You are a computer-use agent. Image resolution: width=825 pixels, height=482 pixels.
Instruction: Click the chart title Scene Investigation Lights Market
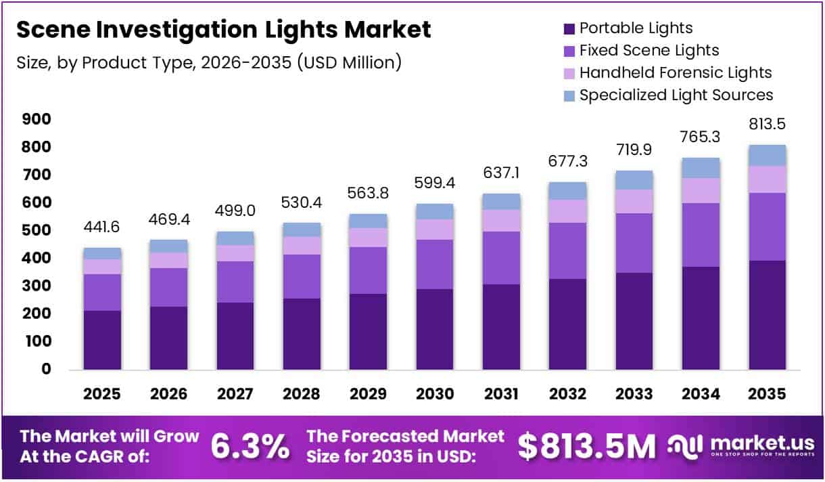(x=223, y=30)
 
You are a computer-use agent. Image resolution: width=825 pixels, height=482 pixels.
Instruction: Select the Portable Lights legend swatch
(x=569, y=28)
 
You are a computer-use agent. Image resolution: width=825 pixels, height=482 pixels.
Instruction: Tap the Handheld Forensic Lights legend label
(x=675, y=72)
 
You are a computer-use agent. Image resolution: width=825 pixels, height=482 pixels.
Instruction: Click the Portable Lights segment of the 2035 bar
(x=767, y=315)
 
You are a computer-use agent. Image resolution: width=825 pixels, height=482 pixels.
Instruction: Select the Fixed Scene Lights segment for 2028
(x=302, y=276)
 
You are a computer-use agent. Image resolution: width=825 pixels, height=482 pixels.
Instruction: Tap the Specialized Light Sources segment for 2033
(x=634, y=180)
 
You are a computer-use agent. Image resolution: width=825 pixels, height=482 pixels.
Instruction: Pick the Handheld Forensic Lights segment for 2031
(x=501, y=220)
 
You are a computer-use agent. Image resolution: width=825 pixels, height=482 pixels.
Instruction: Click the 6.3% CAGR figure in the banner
(x=250, y=447)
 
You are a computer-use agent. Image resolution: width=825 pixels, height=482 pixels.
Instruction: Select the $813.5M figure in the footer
(x=586, y=447)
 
